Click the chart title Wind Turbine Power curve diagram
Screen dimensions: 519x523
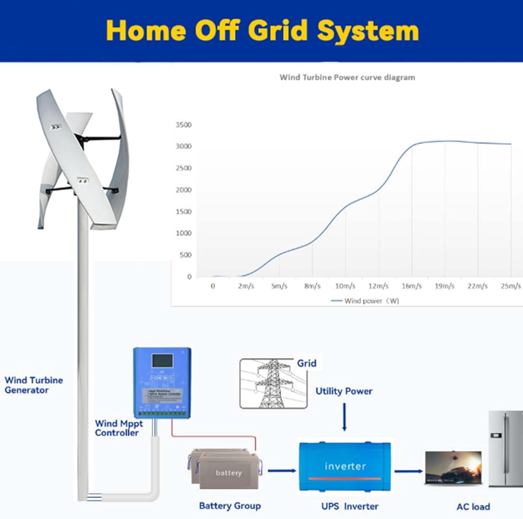tap(347, 77)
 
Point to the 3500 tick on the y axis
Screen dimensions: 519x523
tap(183, 125)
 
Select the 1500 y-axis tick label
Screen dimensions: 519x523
tap(183, 212)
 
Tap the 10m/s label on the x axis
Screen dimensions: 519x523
tap(345, 286)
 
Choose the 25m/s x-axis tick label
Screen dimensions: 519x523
tap(510, 286)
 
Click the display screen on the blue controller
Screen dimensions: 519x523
tap(162, 361)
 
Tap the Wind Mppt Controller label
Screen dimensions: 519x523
tap(119, 428)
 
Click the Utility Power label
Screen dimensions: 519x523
tap(344, 391)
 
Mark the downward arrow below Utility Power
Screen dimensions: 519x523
tap(344, 417)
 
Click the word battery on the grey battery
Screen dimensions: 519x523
tap(229, 473)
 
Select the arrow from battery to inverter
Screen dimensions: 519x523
tap(282, 471)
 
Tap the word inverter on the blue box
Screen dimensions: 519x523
tap(345, 466)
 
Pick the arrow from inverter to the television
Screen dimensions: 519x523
tap(408, 471)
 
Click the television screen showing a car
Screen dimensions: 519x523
tap(454, 468)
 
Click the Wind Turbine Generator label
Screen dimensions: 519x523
tap(34, 385)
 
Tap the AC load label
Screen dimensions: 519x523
tap(473, 506)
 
